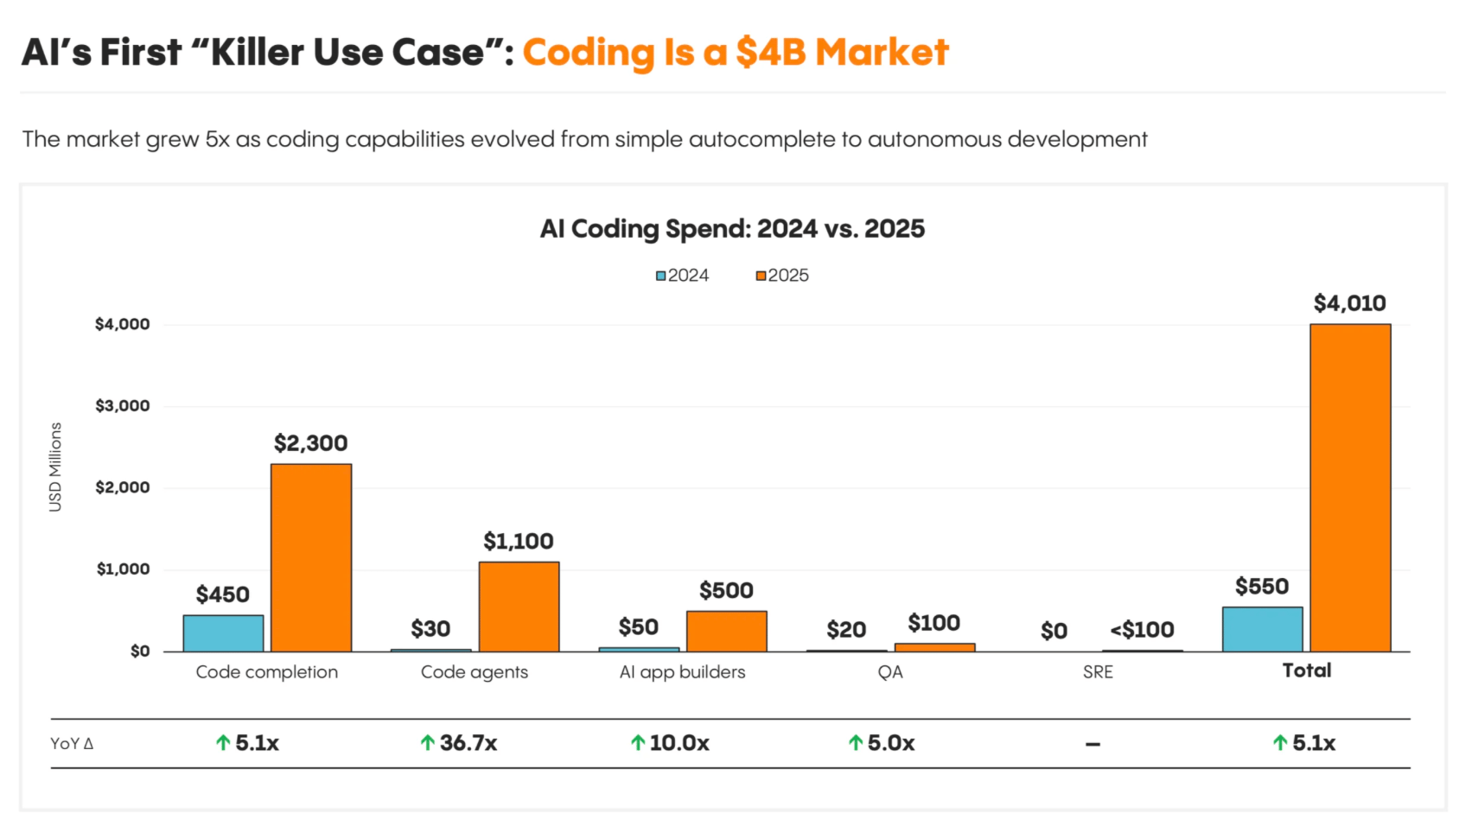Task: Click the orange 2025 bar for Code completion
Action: (311, 557)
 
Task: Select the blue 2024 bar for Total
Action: (1262, 629)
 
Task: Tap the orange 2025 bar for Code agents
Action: (519, 607)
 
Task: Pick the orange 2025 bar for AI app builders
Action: (726, 631)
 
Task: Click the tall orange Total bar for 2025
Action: (1350, 487)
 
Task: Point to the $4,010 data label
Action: (1349, 303)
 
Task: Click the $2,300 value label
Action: (310, 443)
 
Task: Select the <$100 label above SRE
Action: (1142, 630)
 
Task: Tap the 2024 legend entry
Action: (682, 276)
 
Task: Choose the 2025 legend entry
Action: (782, 276)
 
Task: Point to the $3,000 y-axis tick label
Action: (122, 406)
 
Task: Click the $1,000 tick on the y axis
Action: (123, 569)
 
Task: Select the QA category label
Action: (890, 672)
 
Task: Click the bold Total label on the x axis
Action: (1306, 670)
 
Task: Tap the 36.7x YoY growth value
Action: (468, 743)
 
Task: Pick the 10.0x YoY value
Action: (679, 743)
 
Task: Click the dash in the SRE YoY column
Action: (1093, 744)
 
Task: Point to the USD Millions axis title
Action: (55, 467)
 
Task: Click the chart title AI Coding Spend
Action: (732, 229)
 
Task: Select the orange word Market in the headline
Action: (882, 53)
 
